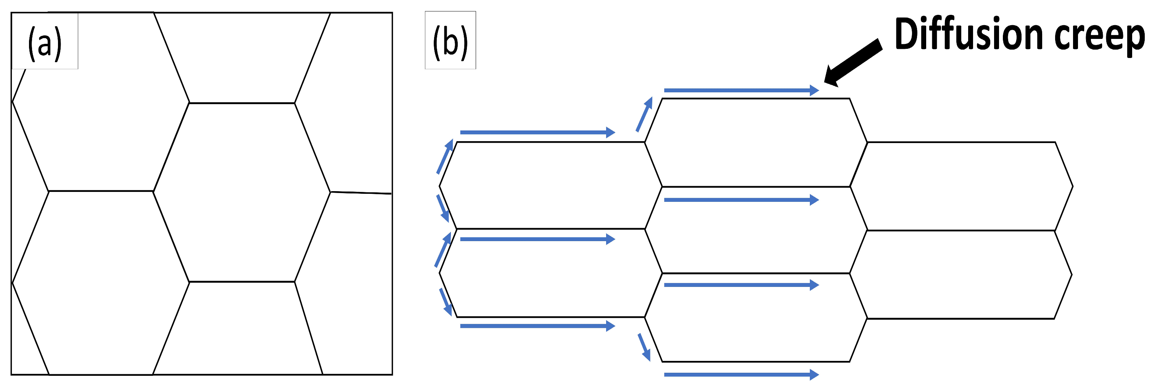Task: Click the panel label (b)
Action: tap(450, 42)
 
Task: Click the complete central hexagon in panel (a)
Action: tap(242, 192)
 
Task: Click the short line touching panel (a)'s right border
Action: tap(360, 193)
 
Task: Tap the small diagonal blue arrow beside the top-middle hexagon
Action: tap(644, 114)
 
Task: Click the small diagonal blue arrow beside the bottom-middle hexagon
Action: tap(644, 347)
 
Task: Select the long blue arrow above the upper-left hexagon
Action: tap(537, 132)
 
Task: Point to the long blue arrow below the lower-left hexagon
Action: tap(537, 326)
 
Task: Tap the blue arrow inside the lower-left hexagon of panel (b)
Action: tap(537, 240)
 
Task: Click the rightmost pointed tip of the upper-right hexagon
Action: tap(1072, 186)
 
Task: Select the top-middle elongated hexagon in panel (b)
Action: tap(756, 142)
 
